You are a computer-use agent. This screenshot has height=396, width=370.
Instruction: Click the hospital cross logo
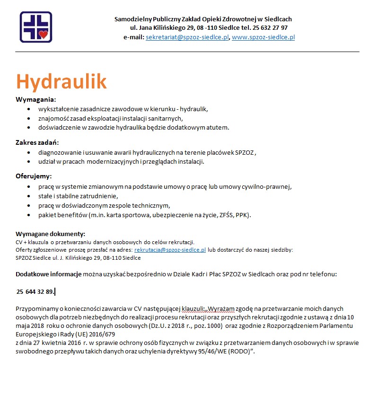click(x=36, y=27)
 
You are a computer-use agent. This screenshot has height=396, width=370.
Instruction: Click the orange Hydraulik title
click(x=62, y=81)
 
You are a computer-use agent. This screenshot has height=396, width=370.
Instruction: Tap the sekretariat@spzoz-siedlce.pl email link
click(x=187, y=37)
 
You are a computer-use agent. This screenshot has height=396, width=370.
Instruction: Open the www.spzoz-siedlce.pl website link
click(x=263, y=37)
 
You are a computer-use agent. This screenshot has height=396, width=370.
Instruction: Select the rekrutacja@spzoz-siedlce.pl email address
click(x=170, y=249)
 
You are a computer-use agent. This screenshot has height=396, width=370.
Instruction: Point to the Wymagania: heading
click(x=36, y=100)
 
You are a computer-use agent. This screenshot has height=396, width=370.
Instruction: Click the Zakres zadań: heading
click(x=37, y=142)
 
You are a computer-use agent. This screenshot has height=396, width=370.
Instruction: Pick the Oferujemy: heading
click(x=34, y=176)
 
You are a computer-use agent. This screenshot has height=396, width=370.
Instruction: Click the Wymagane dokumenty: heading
click(x=51, y=234)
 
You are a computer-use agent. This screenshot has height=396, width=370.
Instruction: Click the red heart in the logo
click(x=44, y=34)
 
